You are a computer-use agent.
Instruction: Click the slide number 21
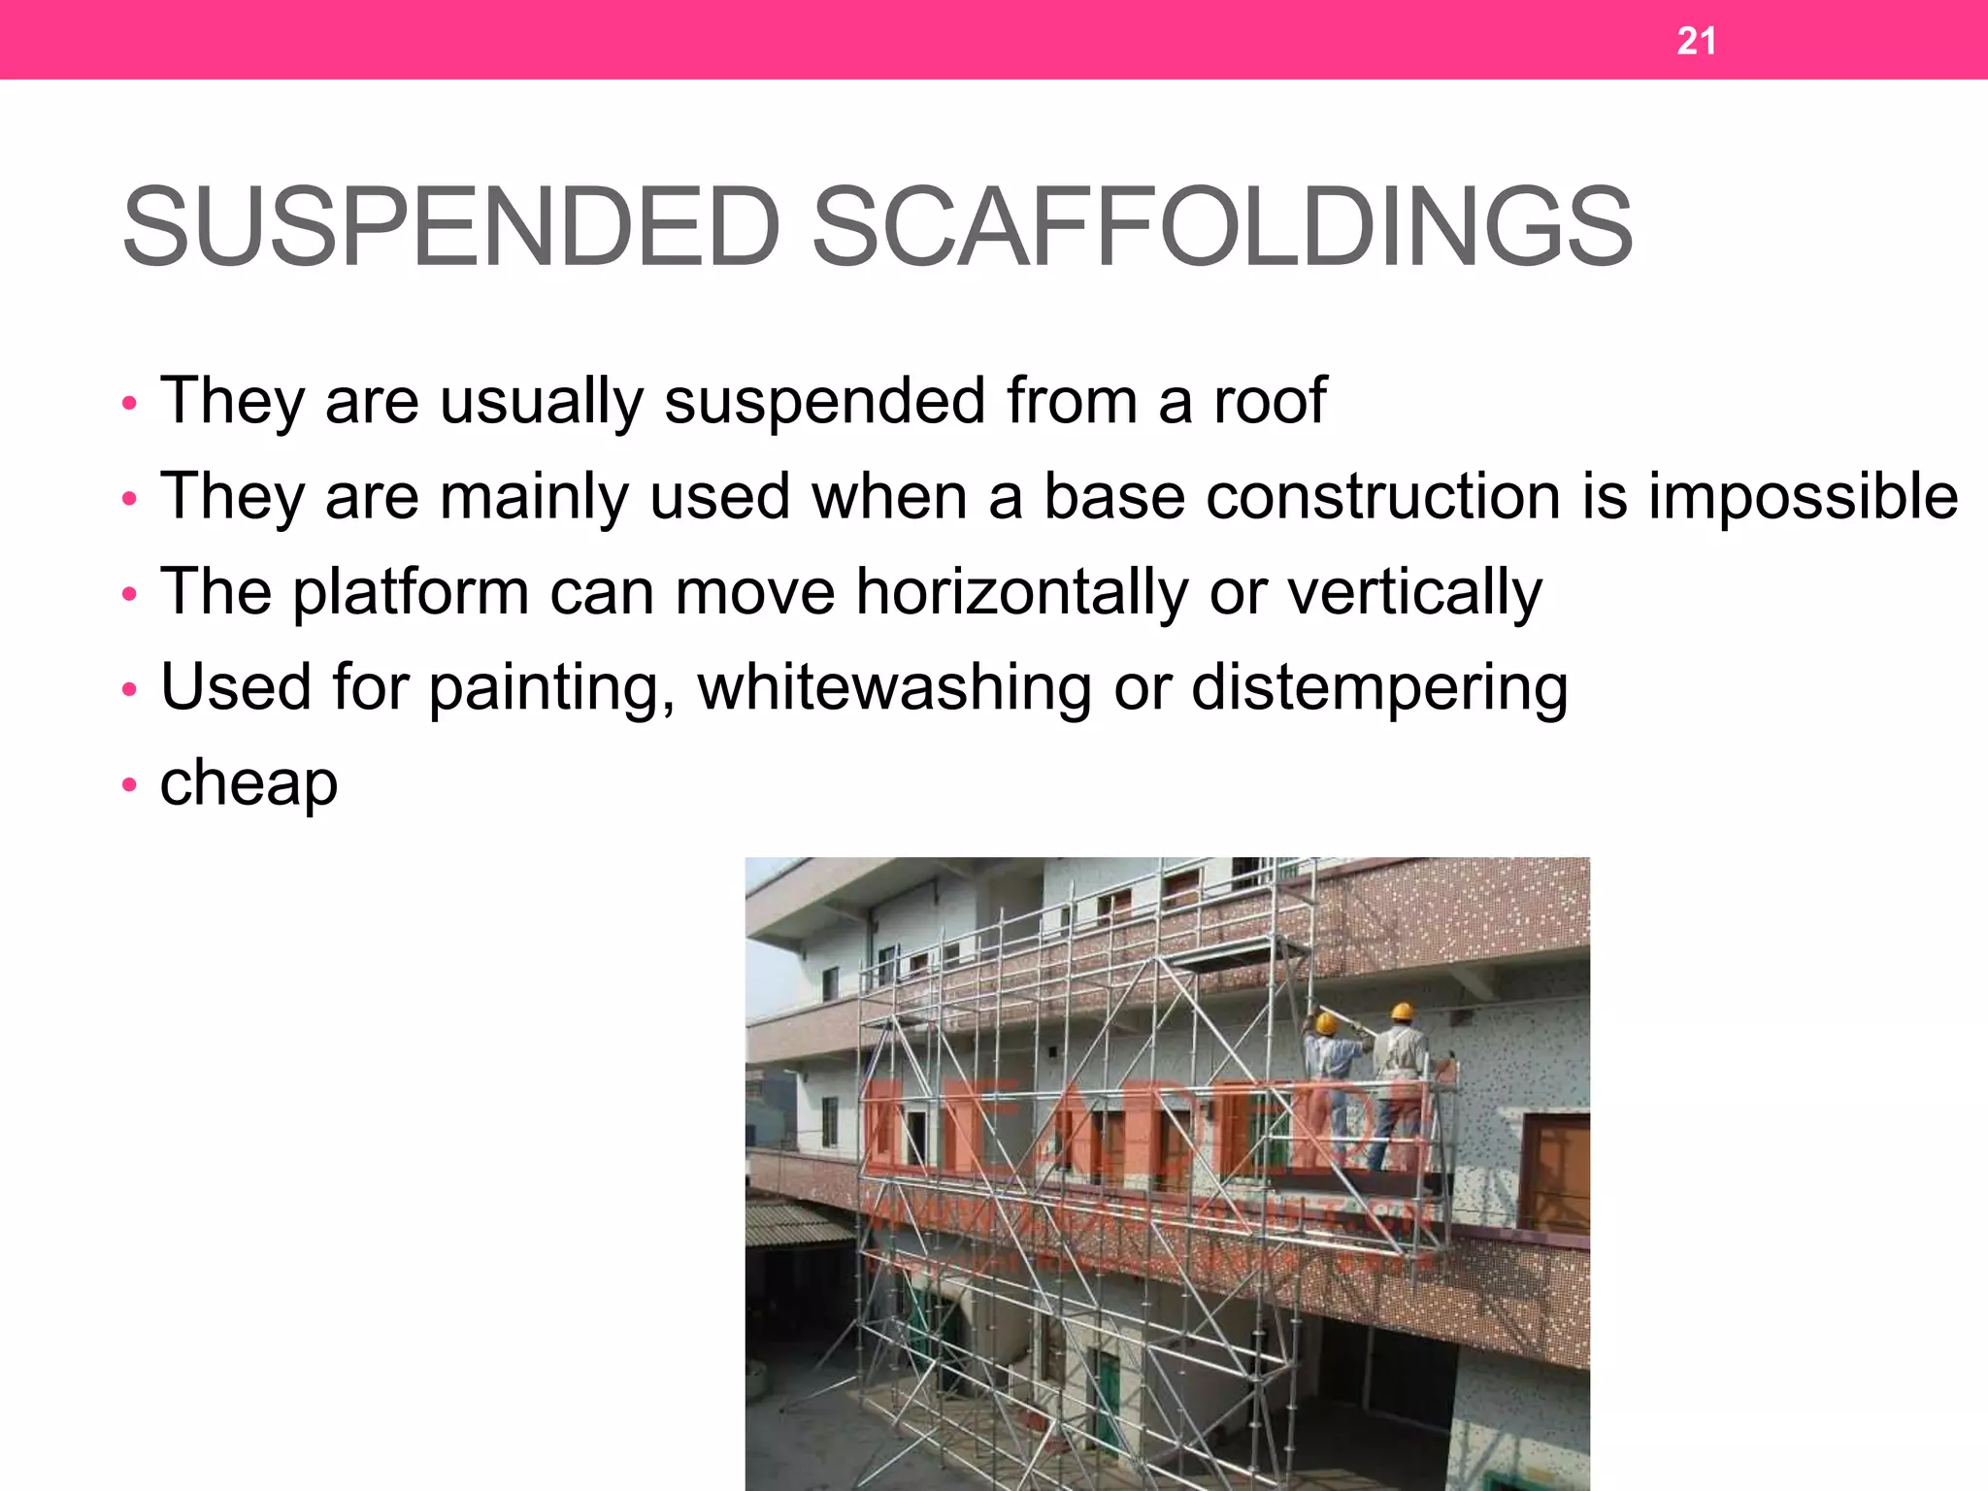tap(1696, 41)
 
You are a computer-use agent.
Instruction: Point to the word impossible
tap(1803, 496)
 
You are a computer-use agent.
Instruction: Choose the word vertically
tap(1414, 591)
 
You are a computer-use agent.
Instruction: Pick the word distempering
tap(1379, 687)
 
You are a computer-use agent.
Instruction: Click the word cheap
tap(248, 782)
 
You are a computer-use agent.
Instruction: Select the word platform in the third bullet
tap(411, 591)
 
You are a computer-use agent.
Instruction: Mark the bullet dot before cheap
tap(130, 784)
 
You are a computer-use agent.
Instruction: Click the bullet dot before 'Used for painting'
tap(130, 689)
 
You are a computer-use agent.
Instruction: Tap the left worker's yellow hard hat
tap(1326, 1022)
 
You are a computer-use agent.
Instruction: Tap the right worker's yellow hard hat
tap(1401, 1011)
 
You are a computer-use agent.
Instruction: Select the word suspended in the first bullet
tap(824, 400)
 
